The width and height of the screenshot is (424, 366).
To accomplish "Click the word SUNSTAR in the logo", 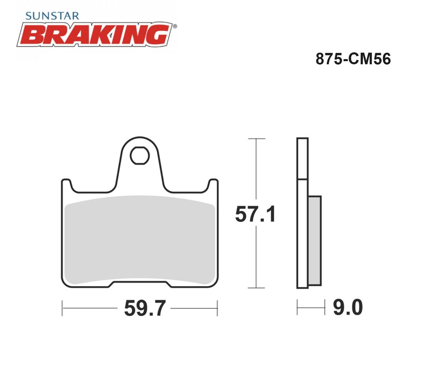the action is coord(52,16).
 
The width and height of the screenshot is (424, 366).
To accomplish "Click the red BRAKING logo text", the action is coord(95,35).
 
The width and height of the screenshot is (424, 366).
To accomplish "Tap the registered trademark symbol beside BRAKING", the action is coord(175,26).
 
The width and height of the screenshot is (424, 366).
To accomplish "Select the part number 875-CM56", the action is coord(353,59).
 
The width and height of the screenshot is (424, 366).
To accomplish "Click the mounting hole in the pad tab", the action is coord(140,156).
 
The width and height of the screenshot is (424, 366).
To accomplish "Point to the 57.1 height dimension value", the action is coord(255,214).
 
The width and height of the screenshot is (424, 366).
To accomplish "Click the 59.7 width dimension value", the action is coord(145,308).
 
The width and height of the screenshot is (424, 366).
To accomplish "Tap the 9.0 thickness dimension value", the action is coord(348,307).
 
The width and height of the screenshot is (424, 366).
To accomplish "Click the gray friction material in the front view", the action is coord(140,240).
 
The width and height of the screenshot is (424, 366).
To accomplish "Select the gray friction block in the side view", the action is coord(314,241).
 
